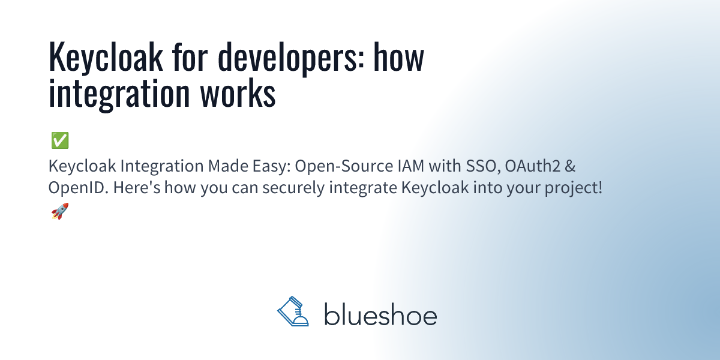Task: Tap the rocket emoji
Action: coord(59,211)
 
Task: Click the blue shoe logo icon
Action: coord(293,312)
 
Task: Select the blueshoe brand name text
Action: coord(380,314)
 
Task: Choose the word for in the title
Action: coord(191,59)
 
